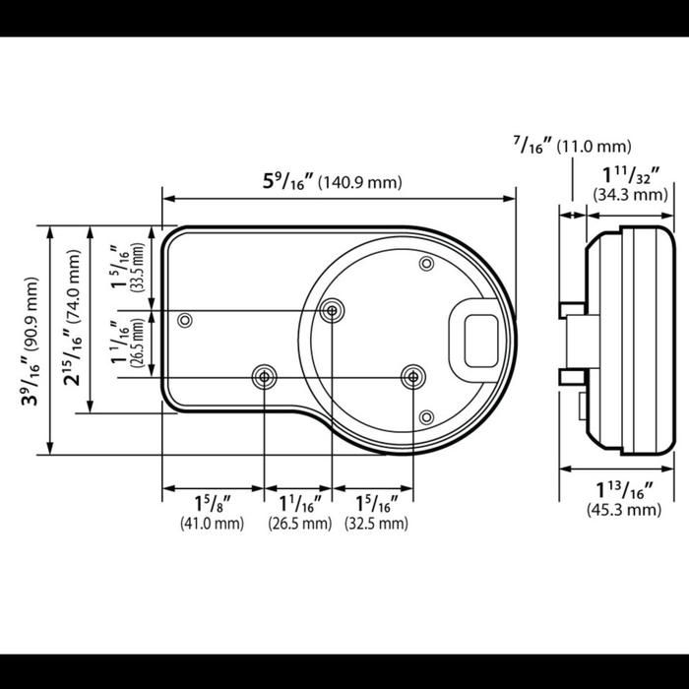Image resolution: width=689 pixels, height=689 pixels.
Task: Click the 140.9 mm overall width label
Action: (359, 182)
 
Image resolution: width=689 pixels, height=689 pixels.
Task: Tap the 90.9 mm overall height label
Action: (31, 313)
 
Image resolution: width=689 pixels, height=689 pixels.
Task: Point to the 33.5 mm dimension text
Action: (138, 267)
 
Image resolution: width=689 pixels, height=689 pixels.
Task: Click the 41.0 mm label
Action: (212, 524)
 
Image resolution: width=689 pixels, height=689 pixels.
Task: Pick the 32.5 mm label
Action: (376, 524)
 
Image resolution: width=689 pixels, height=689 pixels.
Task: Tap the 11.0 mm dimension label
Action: (594, 147)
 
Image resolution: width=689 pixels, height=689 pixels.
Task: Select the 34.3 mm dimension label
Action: (630, 195)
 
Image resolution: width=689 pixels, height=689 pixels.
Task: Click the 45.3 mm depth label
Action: (624, 510)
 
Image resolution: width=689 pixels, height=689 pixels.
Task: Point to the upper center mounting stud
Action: (332, 311)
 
